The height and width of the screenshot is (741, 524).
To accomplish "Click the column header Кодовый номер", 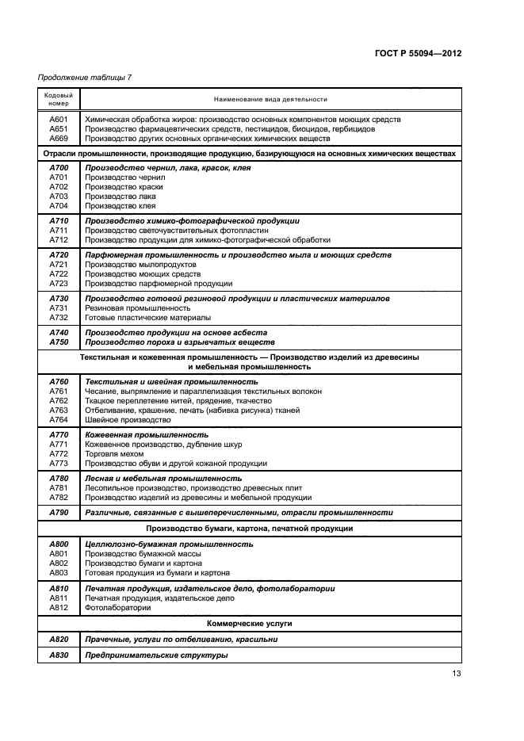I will pos(58,98).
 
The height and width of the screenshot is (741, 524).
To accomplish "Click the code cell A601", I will pos(59,119).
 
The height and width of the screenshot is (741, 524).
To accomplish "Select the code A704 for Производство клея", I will pos(59,205).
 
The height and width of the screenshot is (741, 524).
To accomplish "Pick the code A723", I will pos(59,283).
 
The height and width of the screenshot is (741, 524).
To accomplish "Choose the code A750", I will pos(59,342).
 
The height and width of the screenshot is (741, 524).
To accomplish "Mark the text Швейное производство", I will pos(122,420).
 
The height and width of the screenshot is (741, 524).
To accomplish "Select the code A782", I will pos(59,498).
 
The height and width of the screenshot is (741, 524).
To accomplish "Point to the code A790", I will pos(59,513).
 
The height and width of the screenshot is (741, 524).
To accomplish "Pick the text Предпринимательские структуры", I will pos(156,655).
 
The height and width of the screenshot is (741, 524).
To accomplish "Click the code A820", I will pos(59,639).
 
